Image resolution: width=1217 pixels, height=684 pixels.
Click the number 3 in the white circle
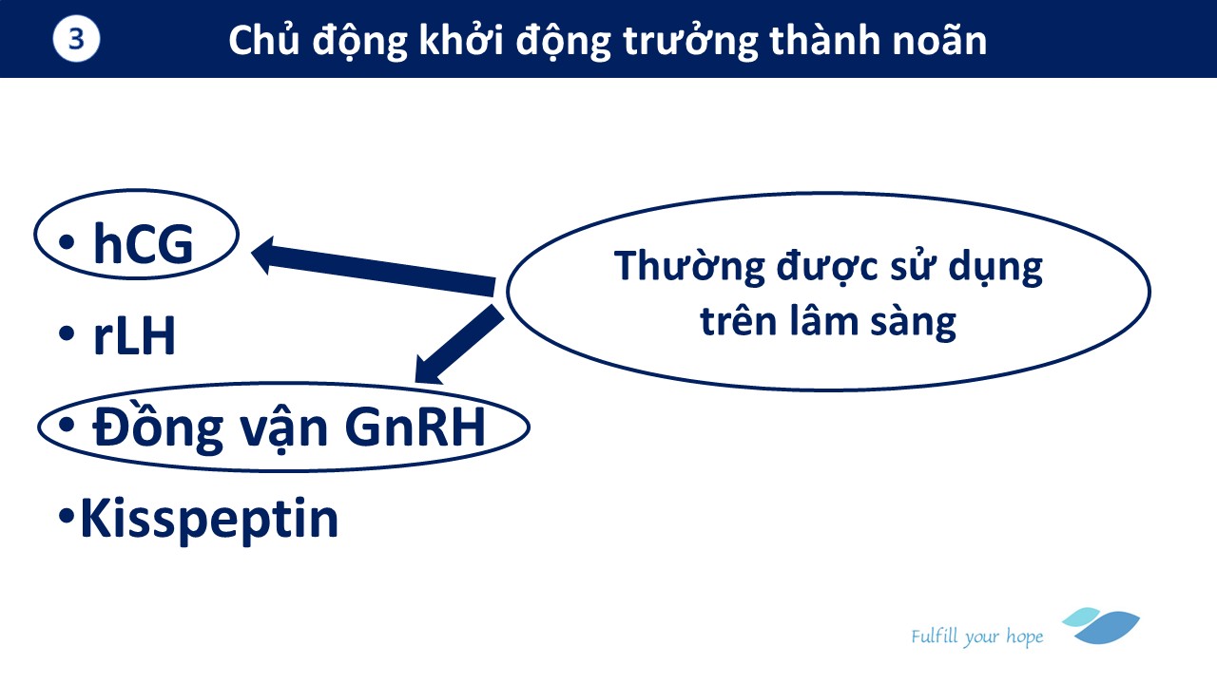pos(76,39)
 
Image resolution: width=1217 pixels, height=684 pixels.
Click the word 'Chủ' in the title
pos(264,39)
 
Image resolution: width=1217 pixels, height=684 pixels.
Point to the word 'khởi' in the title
pos(462,39)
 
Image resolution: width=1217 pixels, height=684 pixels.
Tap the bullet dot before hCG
pos(67,242)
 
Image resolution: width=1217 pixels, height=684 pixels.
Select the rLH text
pos(135,334)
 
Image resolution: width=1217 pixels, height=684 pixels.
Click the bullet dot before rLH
pos(67,333)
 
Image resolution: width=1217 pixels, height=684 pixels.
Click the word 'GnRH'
pos(415,427)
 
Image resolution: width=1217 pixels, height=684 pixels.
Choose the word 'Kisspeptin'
pos(210,520)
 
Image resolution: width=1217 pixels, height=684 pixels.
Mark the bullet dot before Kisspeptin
pos(67,516)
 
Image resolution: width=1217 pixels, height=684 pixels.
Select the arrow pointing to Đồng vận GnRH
pos(459,345)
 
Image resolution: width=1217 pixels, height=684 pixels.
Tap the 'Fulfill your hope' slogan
pos(976,636)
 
